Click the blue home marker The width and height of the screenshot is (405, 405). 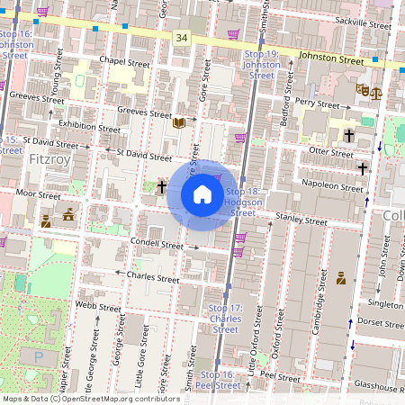pyautogui.click(x=202, y=195)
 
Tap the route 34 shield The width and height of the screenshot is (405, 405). pyautogui.click(x=182, y=36)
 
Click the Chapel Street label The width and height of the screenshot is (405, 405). pyautogui.click(x=124, y=62)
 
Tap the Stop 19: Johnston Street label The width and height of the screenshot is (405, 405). pyautogui.click(x=262, y=65)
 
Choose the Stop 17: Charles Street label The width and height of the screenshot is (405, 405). pyautogui.click(x=225, y=319)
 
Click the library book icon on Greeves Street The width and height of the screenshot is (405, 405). pyautogui.click(x=179, y=121)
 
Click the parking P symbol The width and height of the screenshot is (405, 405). pyautogui.click(x=38, y=357)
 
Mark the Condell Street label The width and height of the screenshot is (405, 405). pyautogui.click(x=156, y=243)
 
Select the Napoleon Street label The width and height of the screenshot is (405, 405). pyautogui.click(x=333, y=185)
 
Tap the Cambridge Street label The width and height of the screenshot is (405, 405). pyautogui.click(x=316, y=313)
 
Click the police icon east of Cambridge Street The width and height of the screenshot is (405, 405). pyautogui.click(x=342, y=278)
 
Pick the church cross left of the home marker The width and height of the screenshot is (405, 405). pyautogui.click(x=162, y=187)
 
